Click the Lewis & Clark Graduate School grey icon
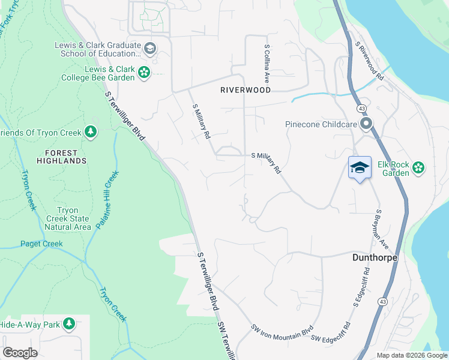(x=150, y=48)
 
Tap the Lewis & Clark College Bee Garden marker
(x=144, y=73)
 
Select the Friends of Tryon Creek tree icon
(x=91, y=131)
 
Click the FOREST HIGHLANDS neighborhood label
(x=61, y=156)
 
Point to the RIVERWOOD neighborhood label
(x=245, y=90)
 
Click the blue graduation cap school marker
(x=360, y=167)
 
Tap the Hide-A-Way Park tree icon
(x=69, y=324)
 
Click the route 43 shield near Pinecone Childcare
(x=361, y=109)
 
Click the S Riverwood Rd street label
(x=369, y=61)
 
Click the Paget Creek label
(x=41, y=244)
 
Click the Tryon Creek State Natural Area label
(x=73, y=218)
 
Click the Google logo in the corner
(x=20, y=352)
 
